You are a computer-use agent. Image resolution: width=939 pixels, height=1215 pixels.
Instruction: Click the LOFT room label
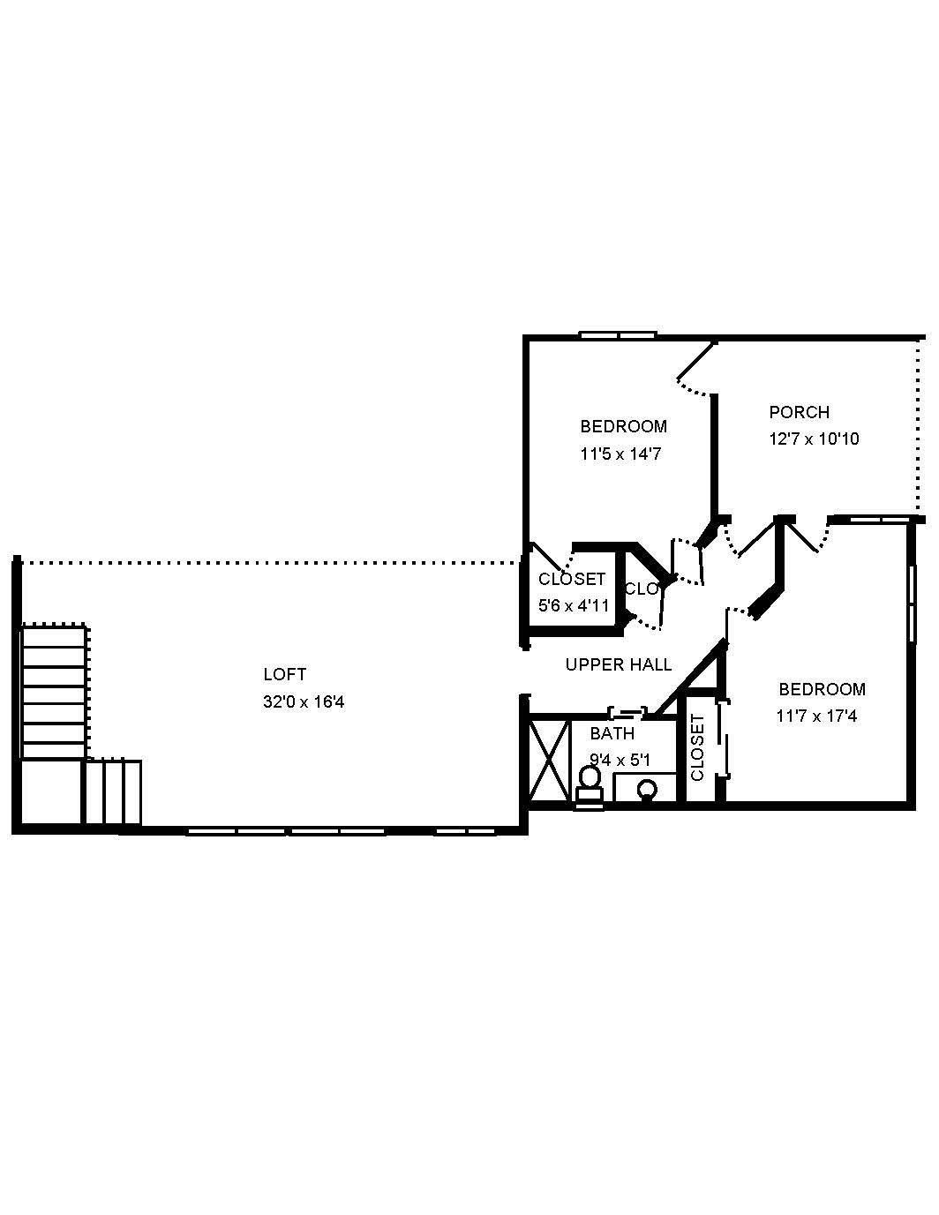click(x=284, y=675)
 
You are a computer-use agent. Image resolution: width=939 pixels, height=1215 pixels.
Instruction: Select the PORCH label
click(x=799, y=412)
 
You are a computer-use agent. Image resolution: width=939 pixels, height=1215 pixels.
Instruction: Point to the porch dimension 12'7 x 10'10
click(x=814, y=439)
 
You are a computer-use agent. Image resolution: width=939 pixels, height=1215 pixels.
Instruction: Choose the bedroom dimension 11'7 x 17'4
click(x=816, y=716)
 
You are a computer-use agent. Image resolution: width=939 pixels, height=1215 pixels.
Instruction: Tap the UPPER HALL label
click(x=618, y=665)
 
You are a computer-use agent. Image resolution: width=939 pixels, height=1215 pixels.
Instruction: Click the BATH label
click(x=612, y=734)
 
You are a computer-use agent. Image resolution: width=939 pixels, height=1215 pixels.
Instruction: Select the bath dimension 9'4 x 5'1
click(x=620, y=760)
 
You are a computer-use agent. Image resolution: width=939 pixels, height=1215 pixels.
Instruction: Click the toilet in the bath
click(x=589, y=784)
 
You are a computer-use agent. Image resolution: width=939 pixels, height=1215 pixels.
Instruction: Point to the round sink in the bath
click(x=648, y=789)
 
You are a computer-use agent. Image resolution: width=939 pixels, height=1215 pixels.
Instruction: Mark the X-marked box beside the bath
click(x=548, y=759)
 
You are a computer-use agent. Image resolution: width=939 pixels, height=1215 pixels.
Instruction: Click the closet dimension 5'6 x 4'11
click(x=574, y=606)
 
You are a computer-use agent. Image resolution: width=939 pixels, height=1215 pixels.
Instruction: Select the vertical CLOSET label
click(x=697, y=747)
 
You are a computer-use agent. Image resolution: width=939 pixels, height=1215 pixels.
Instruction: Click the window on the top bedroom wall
click(x=618, y=335)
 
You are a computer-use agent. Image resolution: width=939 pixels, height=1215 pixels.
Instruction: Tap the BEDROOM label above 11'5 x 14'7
click(x=623, y=427)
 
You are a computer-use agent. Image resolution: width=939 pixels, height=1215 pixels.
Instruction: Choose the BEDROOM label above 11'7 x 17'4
click(x=821, y=690)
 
